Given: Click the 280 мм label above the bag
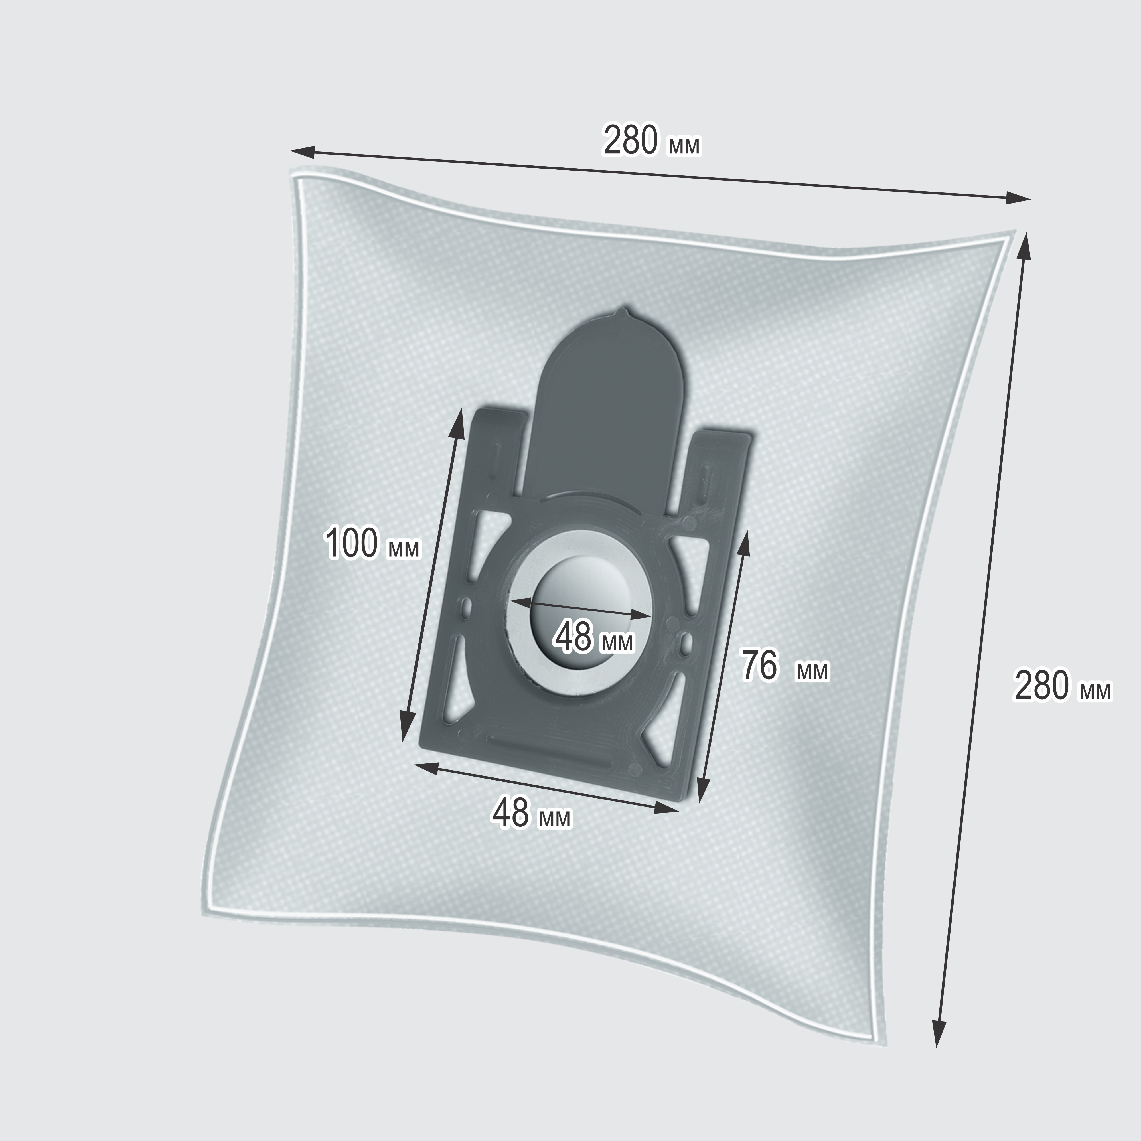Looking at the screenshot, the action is point(651,141).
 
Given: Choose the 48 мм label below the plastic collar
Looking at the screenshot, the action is point(532,813).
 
